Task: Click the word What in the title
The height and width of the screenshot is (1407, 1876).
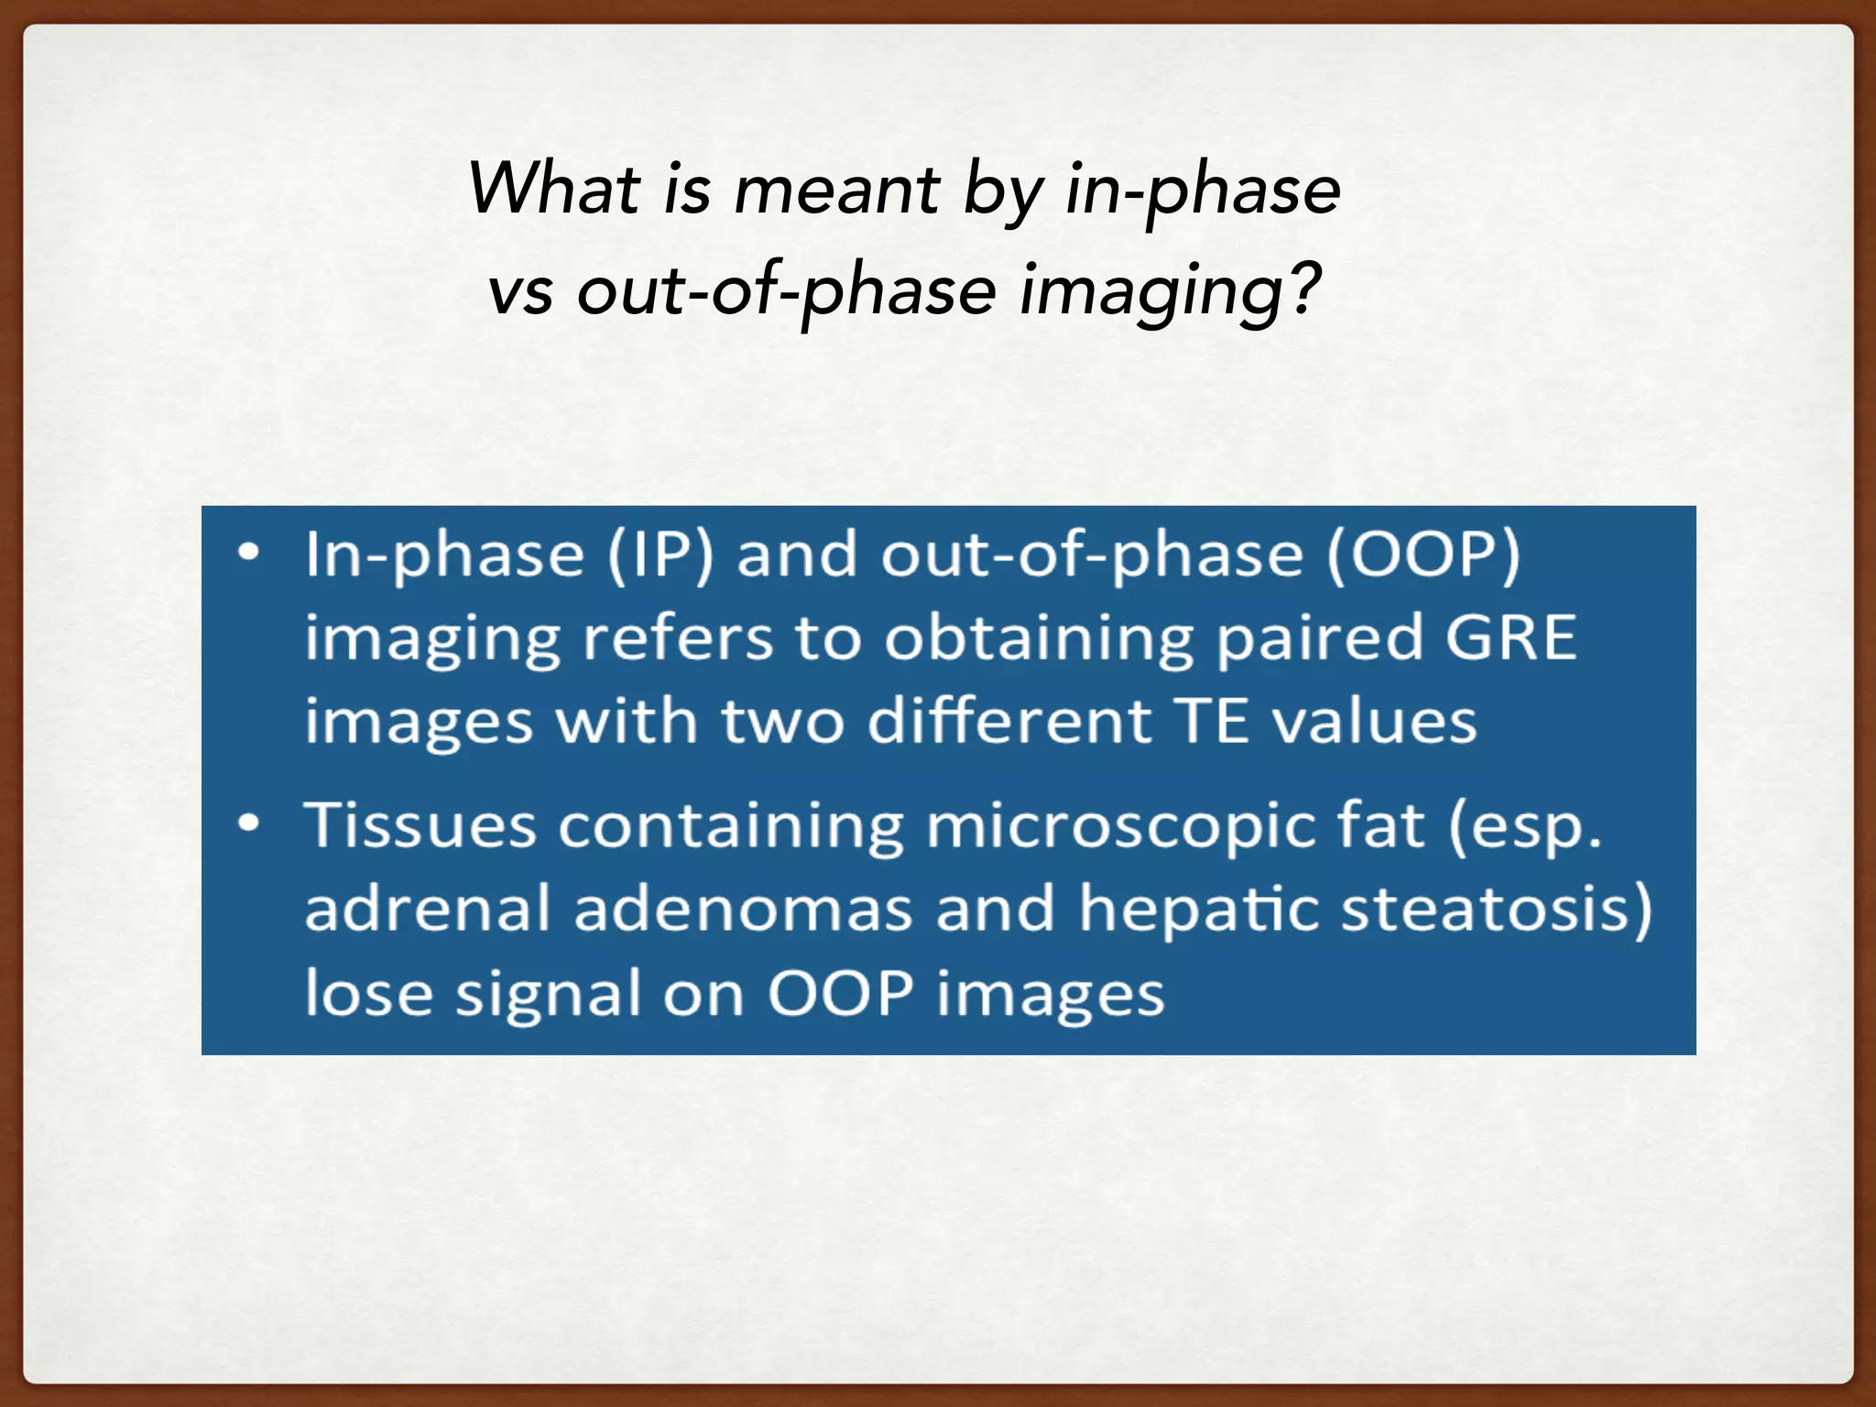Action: (553, 189)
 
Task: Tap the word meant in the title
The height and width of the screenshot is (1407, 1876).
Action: (836, 191)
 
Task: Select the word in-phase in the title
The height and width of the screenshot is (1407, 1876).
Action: (1203, 191)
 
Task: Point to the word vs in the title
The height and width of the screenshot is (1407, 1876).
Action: (520, 293)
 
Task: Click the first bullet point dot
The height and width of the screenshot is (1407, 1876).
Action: (248, 553)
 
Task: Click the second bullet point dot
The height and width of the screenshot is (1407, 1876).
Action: (248, 823)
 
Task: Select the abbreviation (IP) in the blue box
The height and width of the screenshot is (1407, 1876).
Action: (660, 555)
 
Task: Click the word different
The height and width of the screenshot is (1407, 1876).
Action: (1009, 721)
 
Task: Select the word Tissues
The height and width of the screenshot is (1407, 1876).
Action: (420, 824)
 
